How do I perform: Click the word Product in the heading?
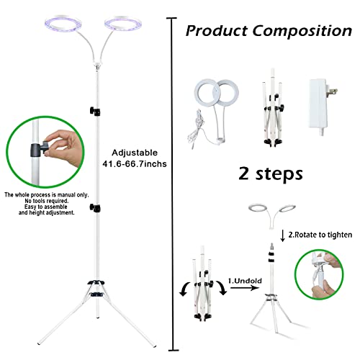pos(217,31)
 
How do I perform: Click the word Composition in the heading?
pos(302,31)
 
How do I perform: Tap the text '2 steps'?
pos(271,174)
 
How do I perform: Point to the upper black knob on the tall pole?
pos(95,111)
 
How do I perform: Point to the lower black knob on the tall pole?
pos(95,208)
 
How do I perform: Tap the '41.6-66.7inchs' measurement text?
pos(135,164)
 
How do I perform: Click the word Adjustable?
pos(135,153)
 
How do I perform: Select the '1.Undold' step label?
pos(245,281)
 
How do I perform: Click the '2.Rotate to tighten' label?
pos(320,235)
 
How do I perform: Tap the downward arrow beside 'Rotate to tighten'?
pos(283,235)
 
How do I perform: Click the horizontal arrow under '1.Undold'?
pos(244,287)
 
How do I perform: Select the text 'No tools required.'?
pos(47,201)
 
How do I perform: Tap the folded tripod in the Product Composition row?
pos(272,108)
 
